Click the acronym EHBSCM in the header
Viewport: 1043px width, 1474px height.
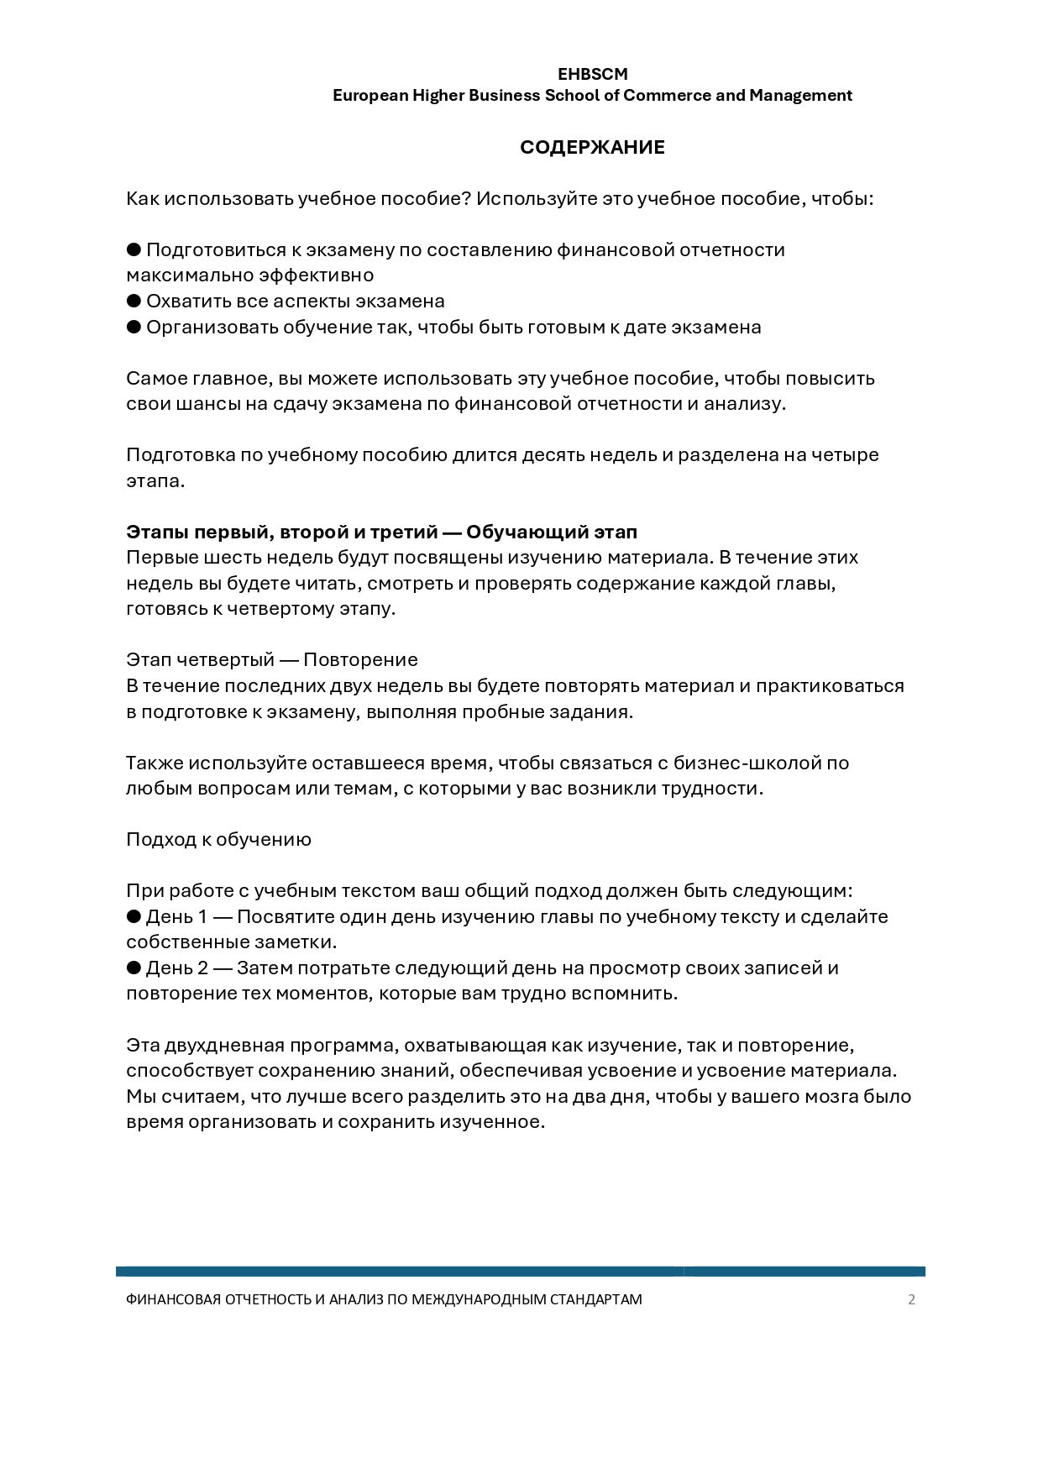tap(592, 75)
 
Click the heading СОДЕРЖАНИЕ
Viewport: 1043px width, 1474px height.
tap(592, 148)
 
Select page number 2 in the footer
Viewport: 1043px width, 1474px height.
tap(912, 1299)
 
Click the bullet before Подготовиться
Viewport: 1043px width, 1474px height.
tap(134, 249)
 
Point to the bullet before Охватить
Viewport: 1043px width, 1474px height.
tap(134, 301)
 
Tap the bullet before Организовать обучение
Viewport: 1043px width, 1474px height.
tap(134, 327)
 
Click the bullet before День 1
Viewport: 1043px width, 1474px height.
tap(134, 916)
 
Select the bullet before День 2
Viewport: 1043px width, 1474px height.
tap(134, 968)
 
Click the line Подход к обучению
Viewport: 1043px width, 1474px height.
tap(218, 840)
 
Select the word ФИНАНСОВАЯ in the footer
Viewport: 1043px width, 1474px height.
tap(172, 1299)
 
